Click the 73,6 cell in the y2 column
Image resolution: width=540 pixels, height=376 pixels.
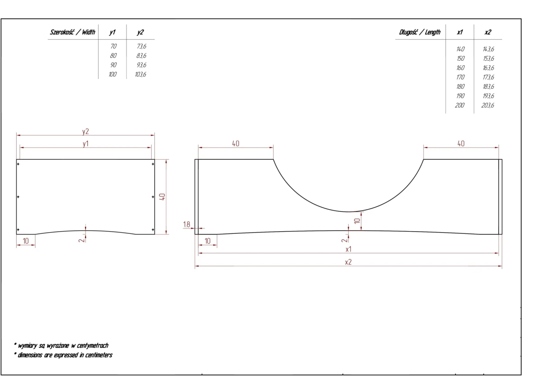pyautogui.click(x=141, y=46)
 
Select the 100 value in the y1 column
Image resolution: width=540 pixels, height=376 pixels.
pyautogui.click(x=112, y=74)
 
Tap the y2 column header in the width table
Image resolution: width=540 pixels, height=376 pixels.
pyautogui.click(x=140, y=32)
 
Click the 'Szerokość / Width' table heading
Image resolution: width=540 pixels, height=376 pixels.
pyautogui.click(x=72, y=32)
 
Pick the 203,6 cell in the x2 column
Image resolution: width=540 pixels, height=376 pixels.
pyautogui.click(x=488, y=105)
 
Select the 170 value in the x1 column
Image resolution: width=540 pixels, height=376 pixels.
pyautogui.click(x=460, y=77)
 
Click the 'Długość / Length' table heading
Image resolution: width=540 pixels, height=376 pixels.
pyautogui.click(x=420, y=32)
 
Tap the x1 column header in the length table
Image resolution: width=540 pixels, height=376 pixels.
pyautogui.click(x=460, y=32)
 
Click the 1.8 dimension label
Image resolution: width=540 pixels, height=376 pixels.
pyautogui.click(x=187, y=224)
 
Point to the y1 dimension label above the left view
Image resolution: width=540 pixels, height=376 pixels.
pyautogui.click(x=85, y=144)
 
